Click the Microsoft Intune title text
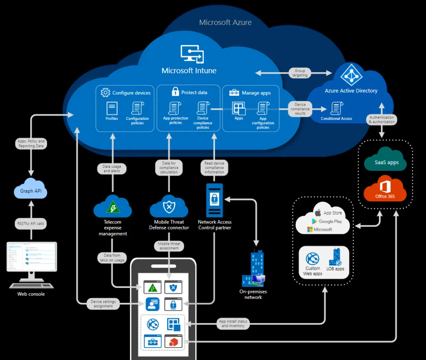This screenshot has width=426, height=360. click(189, 71)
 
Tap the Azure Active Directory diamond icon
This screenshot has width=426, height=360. click(352, 75)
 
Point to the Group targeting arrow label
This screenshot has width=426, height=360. click(300, 73)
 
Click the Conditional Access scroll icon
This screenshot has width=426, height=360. click(336, 108)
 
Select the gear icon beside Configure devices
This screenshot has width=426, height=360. click(105, 92)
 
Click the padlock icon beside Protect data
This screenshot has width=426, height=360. click(175, 92)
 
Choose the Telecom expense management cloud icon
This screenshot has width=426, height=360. click(113, 206)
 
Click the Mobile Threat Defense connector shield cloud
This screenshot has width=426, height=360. click(169, 206)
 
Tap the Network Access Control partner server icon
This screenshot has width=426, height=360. click(215, 200)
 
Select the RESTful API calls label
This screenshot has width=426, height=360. click(31, 223)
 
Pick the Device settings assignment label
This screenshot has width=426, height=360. click(103, 304)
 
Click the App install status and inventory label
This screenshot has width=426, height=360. click(233, 323)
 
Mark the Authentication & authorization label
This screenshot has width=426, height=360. click(381, 120)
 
